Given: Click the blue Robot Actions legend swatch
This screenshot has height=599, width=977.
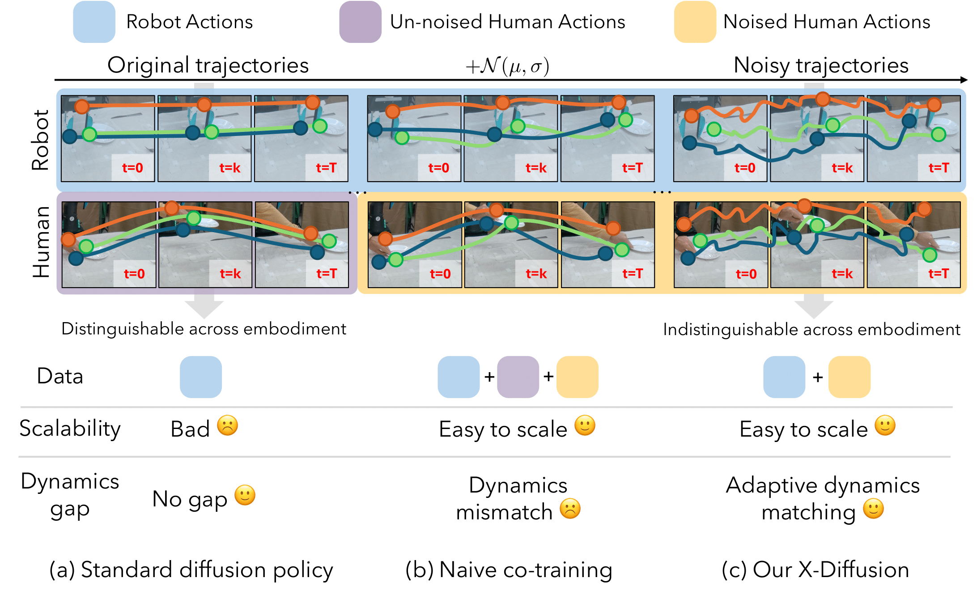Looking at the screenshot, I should click(x=94, y=22).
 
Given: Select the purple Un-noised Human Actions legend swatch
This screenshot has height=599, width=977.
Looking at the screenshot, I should click(x=360, y=22).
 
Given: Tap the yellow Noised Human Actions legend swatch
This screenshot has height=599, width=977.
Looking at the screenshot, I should click(x=695, y=22).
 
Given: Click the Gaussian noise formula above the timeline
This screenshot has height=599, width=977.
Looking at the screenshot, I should click(x=507, y=67).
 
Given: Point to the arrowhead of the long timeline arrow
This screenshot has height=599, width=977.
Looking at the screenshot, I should click(x=963, y=80).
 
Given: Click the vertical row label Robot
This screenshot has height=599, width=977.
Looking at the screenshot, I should click(x=40, y=140).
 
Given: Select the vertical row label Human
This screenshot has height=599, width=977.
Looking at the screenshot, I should click(x=41, y=242).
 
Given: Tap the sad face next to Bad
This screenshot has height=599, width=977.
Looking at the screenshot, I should click(x=227, y=425).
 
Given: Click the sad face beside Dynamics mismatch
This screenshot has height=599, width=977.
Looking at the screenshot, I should click(x=570, y=509).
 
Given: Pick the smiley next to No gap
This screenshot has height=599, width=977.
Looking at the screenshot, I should click(x=245, y=495).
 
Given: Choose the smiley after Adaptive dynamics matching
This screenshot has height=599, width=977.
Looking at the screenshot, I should click(x=873, y=509).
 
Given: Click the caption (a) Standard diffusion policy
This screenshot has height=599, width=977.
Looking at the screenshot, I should click(x=191, y=570).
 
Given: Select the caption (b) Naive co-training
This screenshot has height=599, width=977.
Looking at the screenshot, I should click(x=509, y=570).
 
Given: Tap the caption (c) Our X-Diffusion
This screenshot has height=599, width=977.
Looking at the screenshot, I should click(x=815, y=570).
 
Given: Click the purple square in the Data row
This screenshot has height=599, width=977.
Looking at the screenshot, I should click(x=518, y=377).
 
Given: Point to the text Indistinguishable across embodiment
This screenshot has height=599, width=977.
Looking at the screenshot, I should click(x=811, y=329).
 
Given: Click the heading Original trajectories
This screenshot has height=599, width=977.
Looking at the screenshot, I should click(x=208, y=65).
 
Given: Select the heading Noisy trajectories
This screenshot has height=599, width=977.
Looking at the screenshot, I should click(x=821, y=65).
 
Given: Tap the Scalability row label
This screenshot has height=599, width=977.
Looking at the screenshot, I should click(x=70, y=429).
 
